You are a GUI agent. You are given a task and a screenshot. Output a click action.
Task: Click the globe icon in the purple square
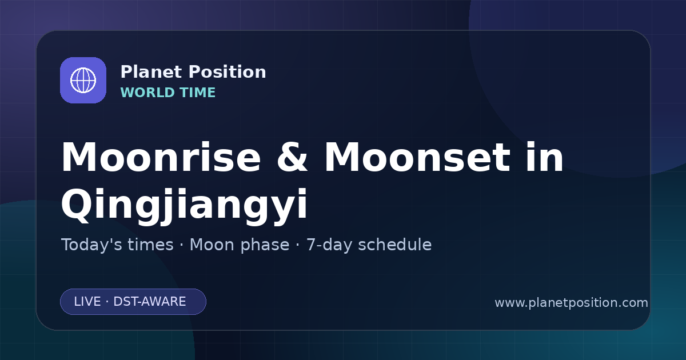tap(83, 80)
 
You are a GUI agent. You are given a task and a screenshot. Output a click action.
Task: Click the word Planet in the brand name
tap(151, 72)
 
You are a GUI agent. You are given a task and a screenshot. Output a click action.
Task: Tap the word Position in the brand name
tap(228, 72)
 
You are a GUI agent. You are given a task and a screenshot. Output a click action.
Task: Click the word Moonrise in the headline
tap(161, 157)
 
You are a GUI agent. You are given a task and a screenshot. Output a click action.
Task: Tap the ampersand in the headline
tap(292, 157)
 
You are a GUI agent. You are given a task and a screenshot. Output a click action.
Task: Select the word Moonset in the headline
tap(417, 157)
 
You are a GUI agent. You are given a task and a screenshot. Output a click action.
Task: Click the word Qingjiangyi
tap(184, 206)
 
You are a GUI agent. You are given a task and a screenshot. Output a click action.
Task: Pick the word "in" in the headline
tap(544, 157)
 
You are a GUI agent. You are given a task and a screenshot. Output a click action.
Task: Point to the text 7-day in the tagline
tap(329, 245)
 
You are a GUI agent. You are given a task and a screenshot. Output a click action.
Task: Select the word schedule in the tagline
tap(395, 245)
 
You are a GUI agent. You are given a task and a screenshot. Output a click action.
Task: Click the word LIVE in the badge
tap(87, 302)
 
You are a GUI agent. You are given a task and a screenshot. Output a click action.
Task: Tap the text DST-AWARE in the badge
tap(150, 302)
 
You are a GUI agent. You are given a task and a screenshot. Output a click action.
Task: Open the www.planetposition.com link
tap(572, 303)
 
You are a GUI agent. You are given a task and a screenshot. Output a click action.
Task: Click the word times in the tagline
tap(150, 245)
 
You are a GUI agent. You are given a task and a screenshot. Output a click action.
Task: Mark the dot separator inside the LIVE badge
tap(107, 302)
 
